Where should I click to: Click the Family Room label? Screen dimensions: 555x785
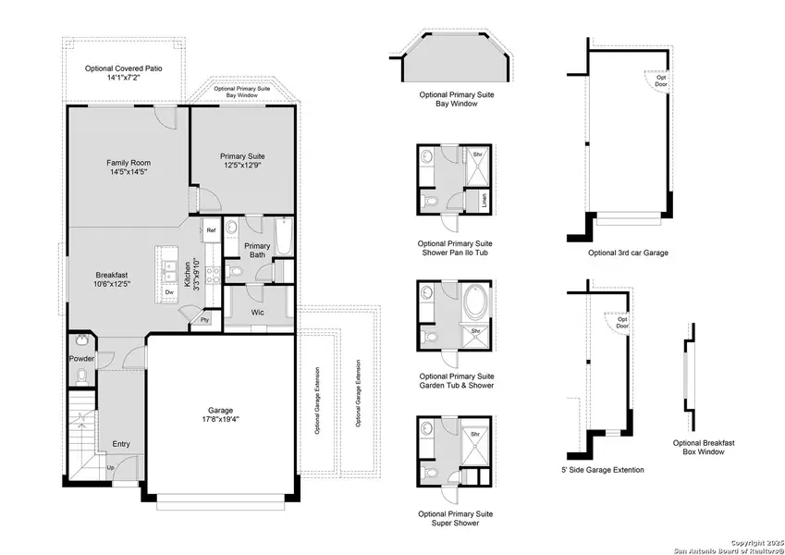click(127, 167)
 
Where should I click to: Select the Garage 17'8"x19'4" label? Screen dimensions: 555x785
click(220, 415)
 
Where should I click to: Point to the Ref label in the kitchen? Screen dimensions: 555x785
click(211, 230)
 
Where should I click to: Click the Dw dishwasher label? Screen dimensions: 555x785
click(169, 292)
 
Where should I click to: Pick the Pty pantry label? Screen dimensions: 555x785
click(205, 320)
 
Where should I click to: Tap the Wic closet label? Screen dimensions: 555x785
click(259, 313)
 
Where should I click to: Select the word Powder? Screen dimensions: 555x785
click(81, 358)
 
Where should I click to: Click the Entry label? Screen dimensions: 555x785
click(121, 444)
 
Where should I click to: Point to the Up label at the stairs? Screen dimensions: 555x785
click(112, 468)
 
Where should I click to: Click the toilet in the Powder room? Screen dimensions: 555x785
click(81, 375)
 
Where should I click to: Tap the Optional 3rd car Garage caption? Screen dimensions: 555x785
click(628, 253)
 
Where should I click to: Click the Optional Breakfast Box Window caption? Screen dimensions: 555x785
click(703, 449)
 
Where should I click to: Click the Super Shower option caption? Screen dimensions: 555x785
click(456, 519)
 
